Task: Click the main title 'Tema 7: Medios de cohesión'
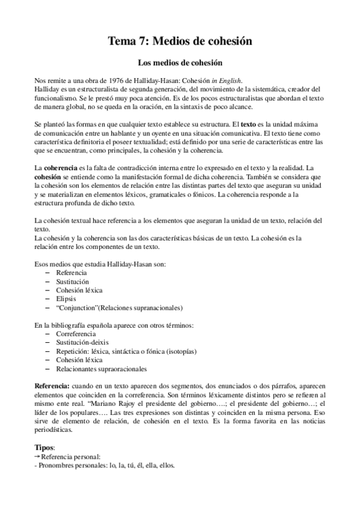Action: tap(180, 41)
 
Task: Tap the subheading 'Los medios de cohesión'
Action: tap(180, 62)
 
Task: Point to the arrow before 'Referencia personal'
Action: tap(36, 456)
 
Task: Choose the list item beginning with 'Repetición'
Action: tap(126, 351)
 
